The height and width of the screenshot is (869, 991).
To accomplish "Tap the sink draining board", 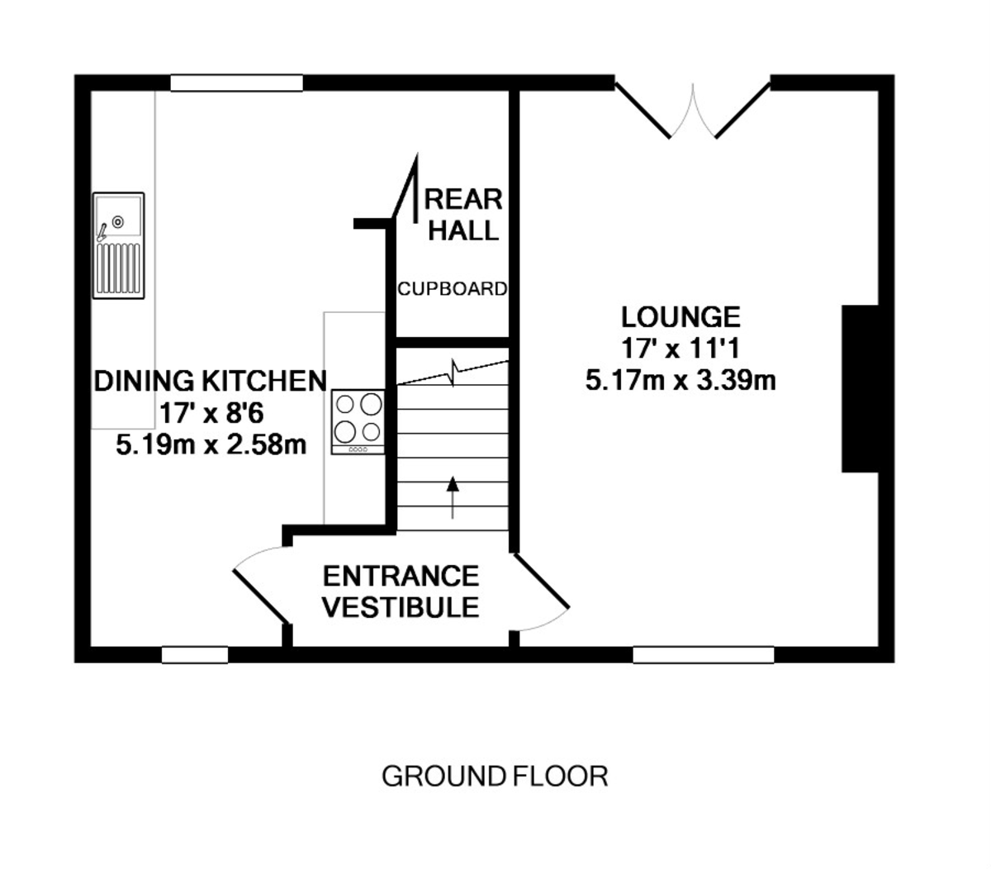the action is pyautogui.click(x=118, y=268).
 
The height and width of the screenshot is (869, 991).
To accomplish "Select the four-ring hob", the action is pyautogui.click(x=358, y=422).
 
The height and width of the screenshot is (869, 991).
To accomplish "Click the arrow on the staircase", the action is pyautogui.click(x=453, y=497).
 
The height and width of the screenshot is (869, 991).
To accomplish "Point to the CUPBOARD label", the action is pyautogui.click(x=452, y=289).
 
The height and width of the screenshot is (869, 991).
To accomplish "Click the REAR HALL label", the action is pyautogui.click(x=463, y=215).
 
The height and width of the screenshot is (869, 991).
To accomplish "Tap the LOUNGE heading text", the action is pyautogui.click(x=680, y=317).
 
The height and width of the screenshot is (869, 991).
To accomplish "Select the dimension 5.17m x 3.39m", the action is pyautogui.click(x=680, y=381).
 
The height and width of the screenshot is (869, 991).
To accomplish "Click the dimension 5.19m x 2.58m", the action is pyautogui.click(x=211, y=444).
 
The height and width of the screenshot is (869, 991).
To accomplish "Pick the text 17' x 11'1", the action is pyautogui.click(x=680, y=349).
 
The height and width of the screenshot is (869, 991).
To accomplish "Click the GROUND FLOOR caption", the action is pyautogui.click(x=495, y=776).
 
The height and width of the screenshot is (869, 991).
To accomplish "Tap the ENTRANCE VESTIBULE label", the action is pyautogui.click(x=401, y=591).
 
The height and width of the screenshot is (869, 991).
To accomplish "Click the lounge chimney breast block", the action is pyautogui.click(x=860, y=389).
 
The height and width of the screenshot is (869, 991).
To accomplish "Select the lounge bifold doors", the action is pyautogui.click(x=693, y=111).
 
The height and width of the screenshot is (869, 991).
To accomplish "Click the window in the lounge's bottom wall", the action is pyautogui.click(x=704, y=655).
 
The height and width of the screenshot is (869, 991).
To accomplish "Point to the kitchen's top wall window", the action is pyautogui.click(x=237, y=83).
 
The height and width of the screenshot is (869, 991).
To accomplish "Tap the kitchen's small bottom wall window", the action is pyautogui.click(x=195, y=655).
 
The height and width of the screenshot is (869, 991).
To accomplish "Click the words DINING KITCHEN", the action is pyautogui.click(x=211, y=381).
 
